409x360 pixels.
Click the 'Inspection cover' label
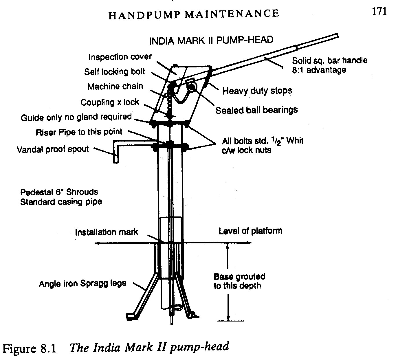120,57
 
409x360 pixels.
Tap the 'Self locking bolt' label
115,72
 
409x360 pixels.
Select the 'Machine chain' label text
115,86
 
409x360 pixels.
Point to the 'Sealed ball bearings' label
256,110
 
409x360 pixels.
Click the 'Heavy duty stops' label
257,91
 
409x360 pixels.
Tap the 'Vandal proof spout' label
53,149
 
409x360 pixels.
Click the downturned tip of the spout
116,159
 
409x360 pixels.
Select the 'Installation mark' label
106,232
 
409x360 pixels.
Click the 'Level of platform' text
250,231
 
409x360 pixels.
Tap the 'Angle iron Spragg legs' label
82,283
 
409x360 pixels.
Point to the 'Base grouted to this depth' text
239,281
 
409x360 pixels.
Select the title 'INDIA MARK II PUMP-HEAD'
211,40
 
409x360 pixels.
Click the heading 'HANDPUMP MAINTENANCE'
194,14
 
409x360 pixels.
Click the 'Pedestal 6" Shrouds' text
59,192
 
